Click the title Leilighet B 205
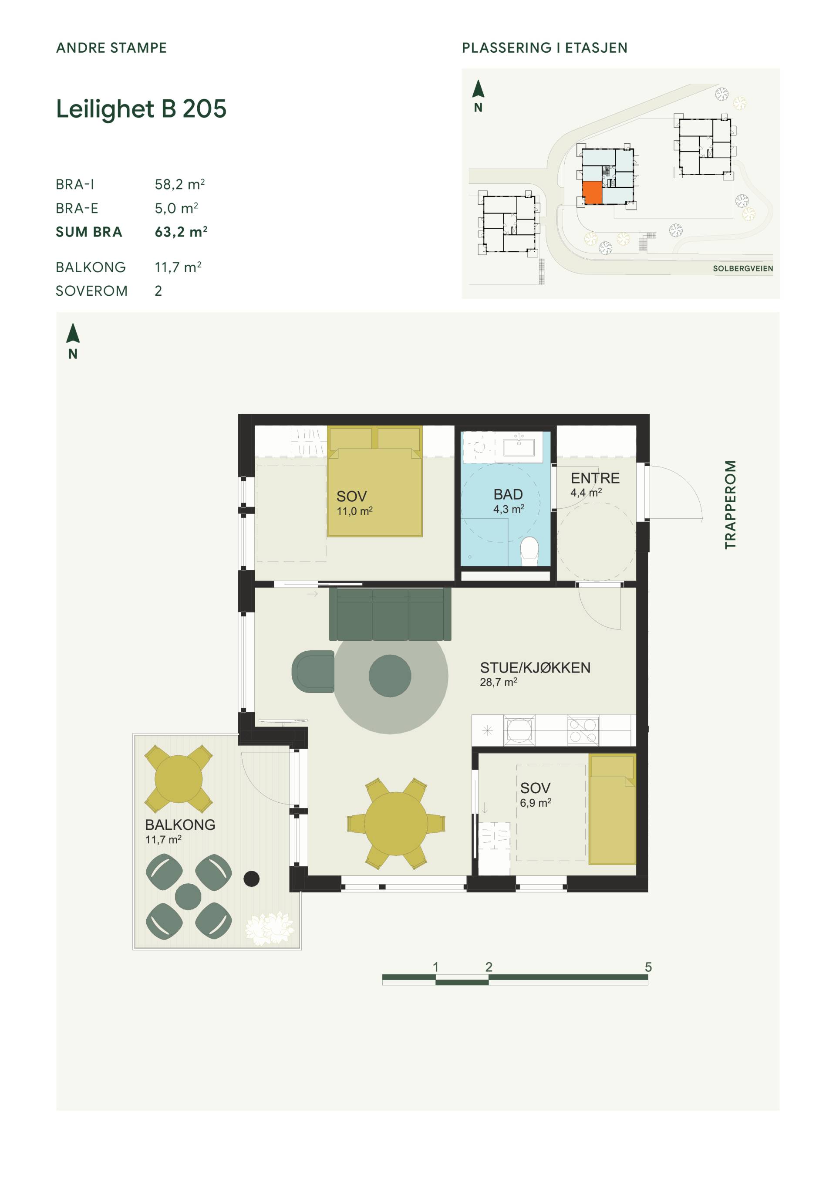point(141,109)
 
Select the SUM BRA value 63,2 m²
point(181,231)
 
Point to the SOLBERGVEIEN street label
point(743,268)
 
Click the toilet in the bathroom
point(529,550)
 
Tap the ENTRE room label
point(595,478)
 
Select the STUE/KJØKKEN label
point(535,668)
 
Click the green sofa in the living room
point(390,614)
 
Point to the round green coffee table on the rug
point(390,676)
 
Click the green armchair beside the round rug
point(313,671)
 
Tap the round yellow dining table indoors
point(396,823)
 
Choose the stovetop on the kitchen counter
point(583,730)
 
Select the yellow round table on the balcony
point(179,778)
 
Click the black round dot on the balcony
point(251,879)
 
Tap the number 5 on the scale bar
point(648,967)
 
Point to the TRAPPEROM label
point(730,504)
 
